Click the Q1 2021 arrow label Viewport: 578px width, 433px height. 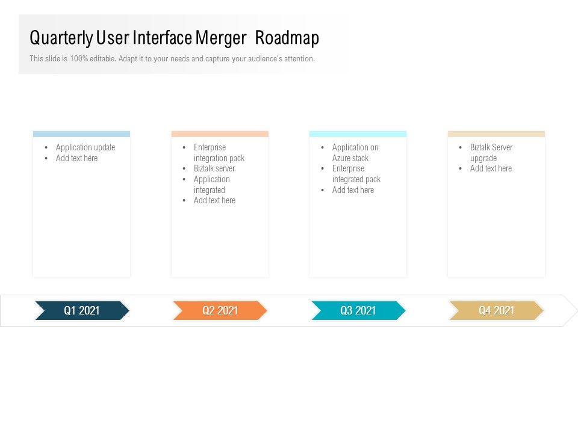coord(82,311)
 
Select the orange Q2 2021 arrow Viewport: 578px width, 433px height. coord(220,311)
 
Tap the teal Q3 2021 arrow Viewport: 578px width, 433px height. coord(358,311)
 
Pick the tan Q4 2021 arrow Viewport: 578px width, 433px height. coord(496,311)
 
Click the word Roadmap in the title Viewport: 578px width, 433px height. coord(287,38)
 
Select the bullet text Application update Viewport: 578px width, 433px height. coord(85,147)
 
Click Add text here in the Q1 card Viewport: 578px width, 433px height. coord(76,158)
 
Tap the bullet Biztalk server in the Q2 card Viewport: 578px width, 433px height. coord(214,168)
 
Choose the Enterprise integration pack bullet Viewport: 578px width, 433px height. coord(219,153)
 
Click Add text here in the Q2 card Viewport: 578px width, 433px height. coord(214,200)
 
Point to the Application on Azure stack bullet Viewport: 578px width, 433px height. coord(355,153)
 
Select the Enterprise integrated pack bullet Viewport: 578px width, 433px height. coord(356,174)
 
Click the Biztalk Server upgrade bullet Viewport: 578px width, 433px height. coord(491,153)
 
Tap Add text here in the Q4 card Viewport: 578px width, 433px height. coord(491,168)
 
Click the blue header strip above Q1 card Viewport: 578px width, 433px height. coord(82,134)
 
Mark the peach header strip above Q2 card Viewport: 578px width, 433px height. coord(220,134)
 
